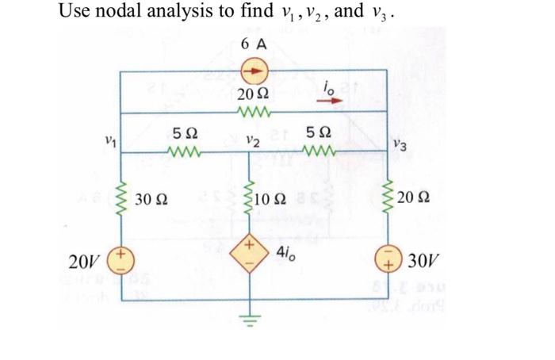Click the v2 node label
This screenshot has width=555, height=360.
tap(252, 141)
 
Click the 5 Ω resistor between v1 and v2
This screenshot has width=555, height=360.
tap(185, 152)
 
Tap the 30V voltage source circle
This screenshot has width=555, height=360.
tap(387, 261)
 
